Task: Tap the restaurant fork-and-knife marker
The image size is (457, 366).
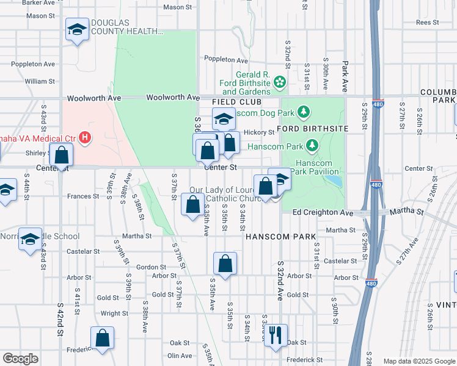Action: pyautogui.click(x=276, y=335)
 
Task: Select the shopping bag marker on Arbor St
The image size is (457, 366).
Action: pyautogui.click(x=225, y=264)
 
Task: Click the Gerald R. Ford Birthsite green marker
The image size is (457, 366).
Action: pyautogui.click(x=280, y=81)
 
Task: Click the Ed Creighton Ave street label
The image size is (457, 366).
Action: pyautogui.click(x=323, y=212)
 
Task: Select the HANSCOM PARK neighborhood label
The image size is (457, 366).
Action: pyautogui.click(x=280, y=236)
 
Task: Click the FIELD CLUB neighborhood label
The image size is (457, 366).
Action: pyautogui.click(x=237, y=102)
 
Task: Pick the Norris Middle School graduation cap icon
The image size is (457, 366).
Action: pyautogui.click(x=30, y=240)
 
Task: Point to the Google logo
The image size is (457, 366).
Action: pyautogui.click(x=20, y=359)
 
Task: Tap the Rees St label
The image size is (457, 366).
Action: pyautogui.click(x=424, y=23)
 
